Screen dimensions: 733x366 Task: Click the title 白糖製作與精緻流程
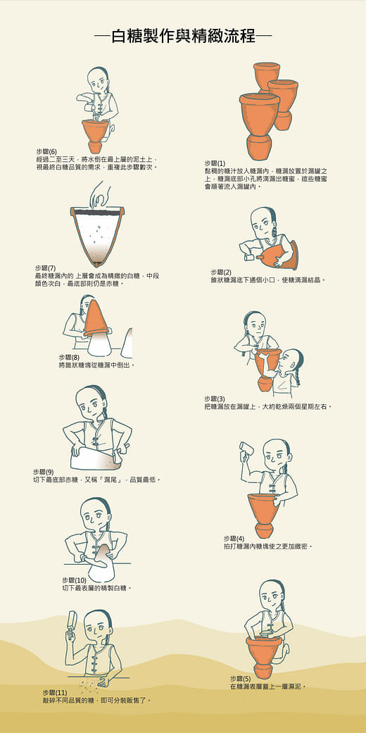tap(182, 37)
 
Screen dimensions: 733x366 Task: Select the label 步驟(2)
tap(221, 272)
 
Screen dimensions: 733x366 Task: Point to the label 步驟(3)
tap(215, 399)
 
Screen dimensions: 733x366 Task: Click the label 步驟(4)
tap(234, 538)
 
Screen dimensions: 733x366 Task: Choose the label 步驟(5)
tap(240, 679)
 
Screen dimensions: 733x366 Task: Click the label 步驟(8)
tap(69, 357)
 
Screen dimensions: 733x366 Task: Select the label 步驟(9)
tap(43, 472)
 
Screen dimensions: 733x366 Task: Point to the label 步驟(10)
tap(74, 579)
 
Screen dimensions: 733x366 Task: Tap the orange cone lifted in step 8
tap(96, 315)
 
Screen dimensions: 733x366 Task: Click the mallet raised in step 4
tap(246, 447)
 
